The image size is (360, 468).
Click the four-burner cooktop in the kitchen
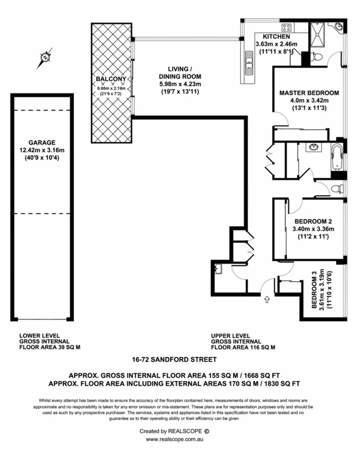click(x=287, y=27)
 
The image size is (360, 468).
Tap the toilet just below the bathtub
click(x=336, y=189)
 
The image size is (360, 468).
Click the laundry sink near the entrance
click(x=219, y=269)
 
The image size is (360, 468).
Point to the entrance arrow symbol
click(x=267, y=300)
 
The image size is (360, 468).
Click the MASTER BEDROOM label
click(x=309, y=93)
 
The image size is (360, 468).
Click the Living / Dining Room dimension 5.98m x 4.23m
click(x=180, y=84)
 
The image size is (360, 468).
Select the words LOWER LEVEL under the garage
click(x=39, y=335)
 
